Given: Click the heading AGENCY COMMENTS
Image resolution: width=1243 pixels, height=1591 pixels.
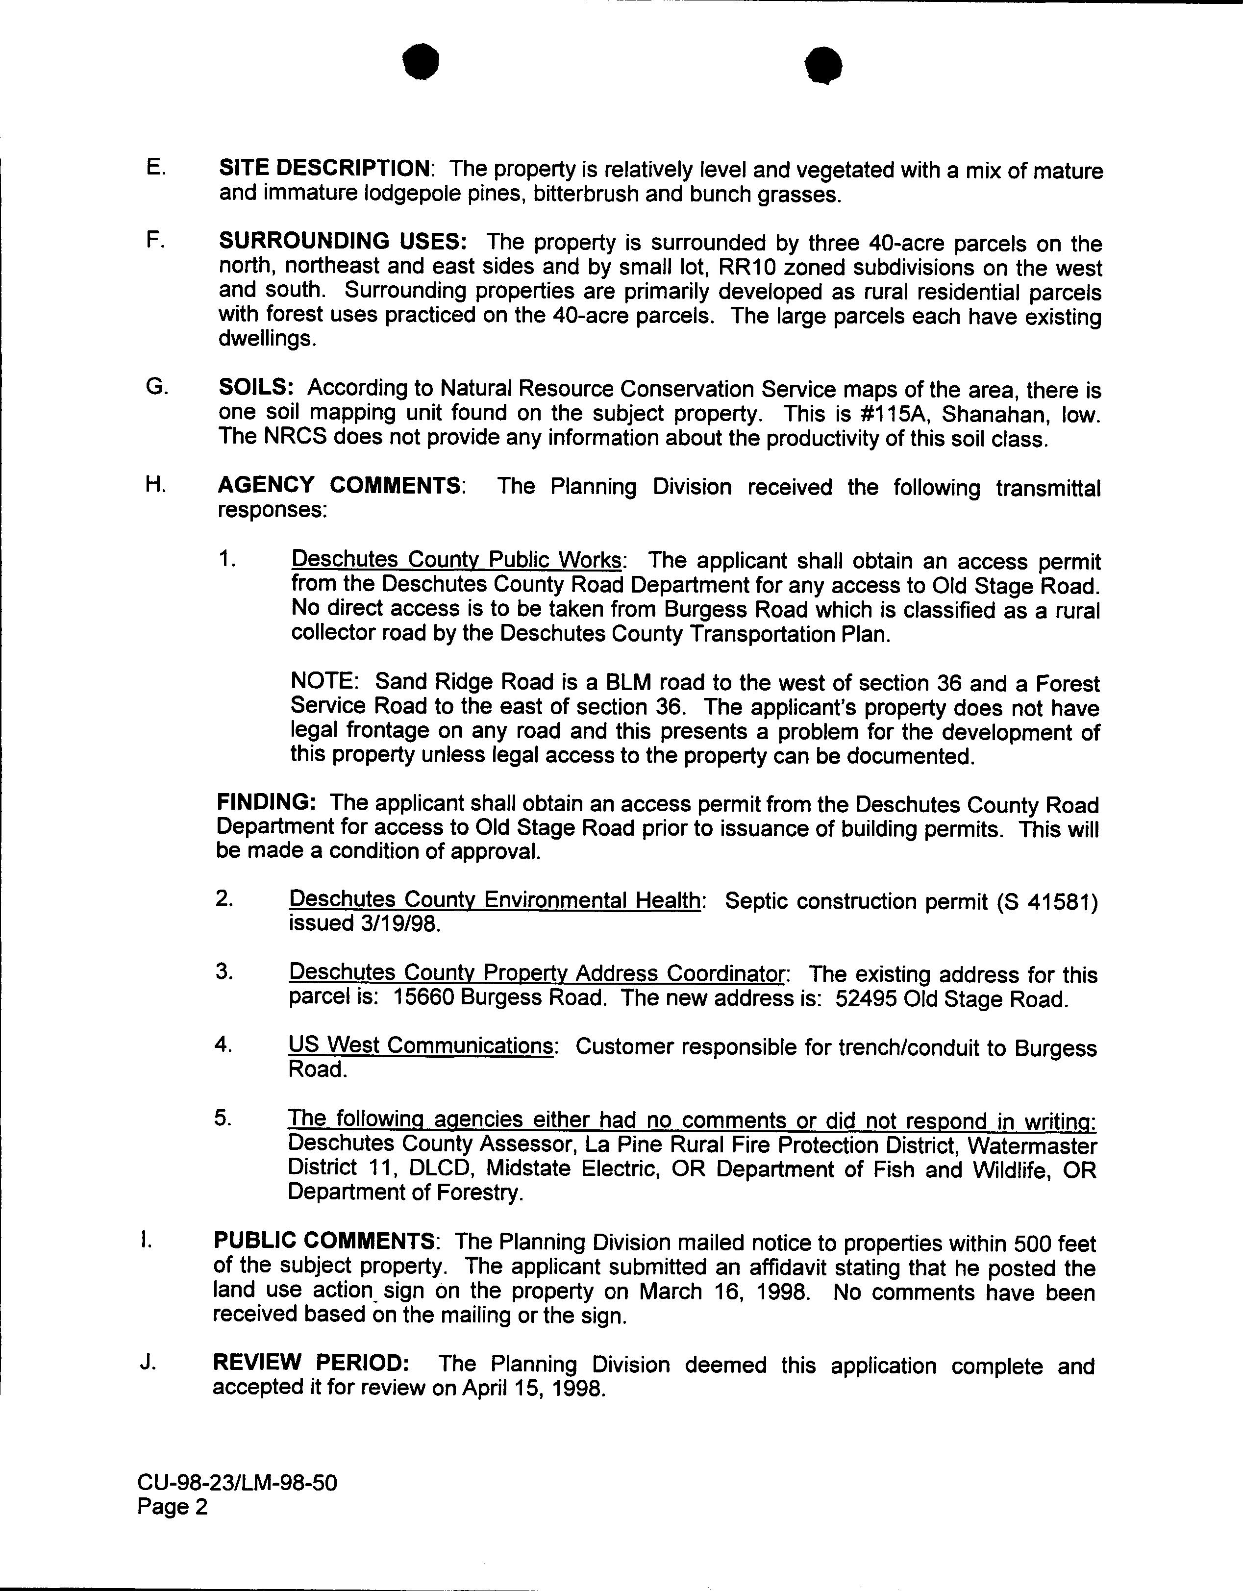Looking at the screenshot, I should [340, 486].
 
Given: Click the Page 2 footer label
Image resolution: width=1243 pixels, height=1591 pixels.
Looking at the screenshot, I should [173, 1507].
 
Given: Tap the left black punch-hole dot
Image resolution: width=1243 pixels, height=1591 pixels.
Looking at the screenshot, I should [423, 63].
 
